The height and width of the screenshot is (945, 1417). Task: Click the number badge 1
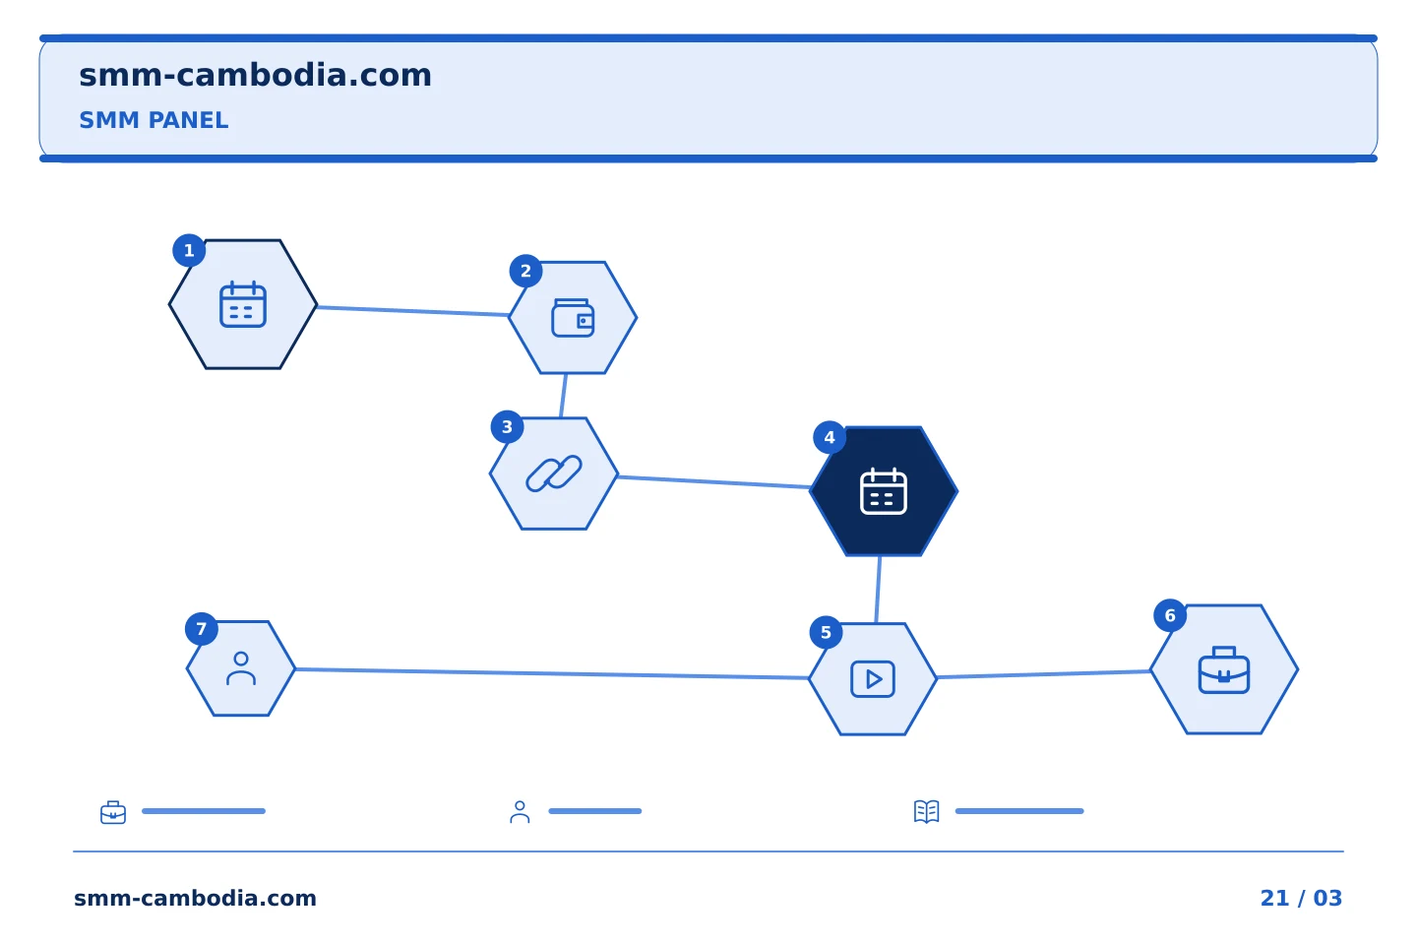click(x=189, y=251)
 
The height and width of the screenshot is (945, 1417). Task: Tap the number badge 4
click(x=830, y=437)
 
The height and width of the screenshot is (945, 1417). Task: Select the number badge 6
click(x=1170, y=615)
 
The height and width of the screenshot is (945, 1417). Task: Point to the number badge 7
click(x=201, y=629)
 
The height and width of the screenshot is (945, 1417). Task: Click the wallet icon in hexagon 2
click(x=573, y=318)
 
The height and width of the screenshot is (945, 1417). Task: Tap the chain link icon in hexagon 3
click(x=553, y=472)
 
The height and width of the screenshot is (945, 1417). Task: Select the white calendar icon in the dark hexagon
click(x=883, y=491)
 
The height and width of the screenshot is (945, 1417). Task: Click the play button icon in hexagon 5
click(x=872, y=679)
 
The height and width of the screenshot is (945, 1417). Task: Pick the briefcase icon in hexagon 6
click(x=1223, y=669)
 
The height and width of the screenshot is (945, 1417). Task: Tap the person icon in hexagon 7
click(x=241, y=668)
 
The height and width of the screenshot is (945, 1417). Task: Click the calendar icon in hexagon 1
click(x=243, y=304)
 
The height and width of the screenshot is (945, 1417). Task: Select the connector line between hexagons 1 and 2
click(x=413, y=311)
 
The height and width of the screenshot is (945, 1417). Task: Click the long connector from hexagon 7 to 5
click(x=552, y=673)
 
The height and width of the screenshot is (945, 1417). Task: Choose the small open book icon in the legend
click(x=927, y=811)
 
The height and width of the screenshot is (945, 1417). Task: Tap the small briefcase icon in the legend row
click(x=113, y=812)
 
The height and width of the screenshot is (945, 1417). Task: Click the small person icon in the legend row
click(x=520, y=812)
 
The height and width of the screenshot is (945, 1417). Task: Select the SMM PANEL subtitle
click(x=154, y=120)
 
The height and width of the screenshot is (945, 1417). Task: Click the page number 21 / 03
click(x=1301, y=898)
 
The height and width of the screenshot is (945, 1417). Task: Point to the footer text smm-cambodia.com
click(x=195, y=898)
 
